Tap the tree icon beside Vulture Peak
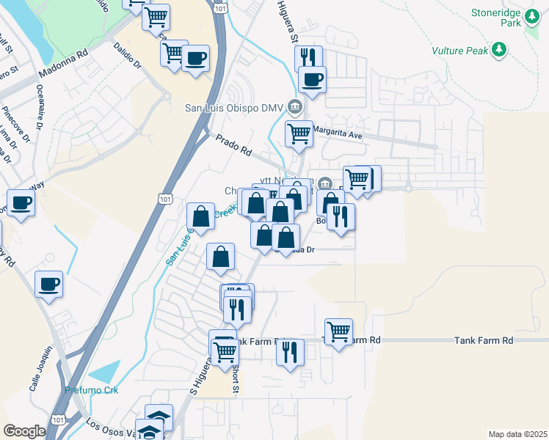499,49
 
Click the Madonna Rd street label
63,64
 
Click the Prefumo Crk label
91,389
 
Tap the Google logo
24,431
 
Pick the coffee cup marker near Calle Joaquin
48,284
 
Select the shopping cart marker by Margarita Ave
299,134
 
